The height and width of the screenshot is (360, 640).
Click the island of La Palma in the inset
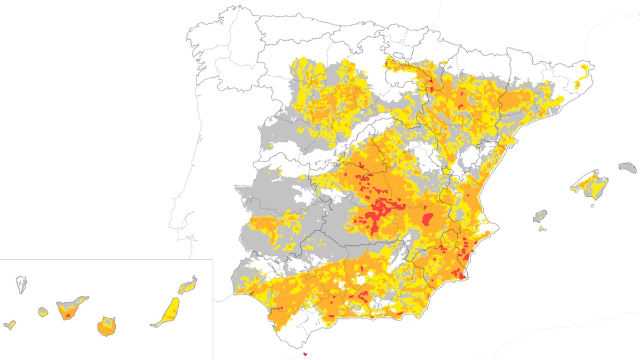point(21,284)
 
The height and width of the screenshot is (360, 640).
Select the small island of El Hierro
point(10,325)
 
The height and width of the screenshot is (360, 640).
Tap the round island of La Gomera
point(43,311)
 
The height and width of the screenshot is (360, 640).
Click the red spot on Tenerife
point(68,316)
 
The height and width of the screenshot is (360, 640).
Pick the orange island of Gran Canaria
point(107,326)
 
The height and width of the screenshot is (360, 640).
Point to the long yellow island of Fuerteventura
point(167,311)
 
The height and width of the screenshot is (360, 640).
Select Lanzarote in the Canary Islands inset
point(188,286)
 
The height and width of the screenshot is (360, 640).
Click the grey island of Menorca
point(628,167)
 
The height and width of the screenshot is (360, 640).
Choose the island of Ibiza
point(541,216)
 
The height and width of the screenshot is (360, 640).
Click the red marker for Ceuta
point(305,354)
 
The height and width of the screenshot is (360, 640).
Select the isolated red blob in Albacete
point(427,219)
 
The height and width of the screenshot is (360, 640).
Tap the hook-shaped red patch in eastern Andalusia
point(363,296)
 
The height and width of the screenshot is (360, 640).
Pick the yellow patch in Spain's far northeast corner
point(586,69)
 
